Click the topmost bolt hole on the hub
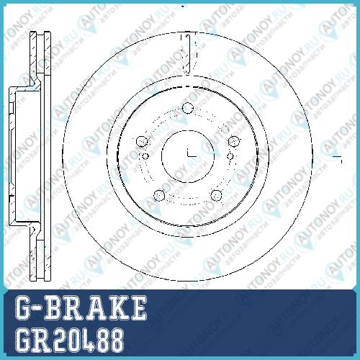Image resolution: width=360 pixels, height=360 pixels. pyautogui.click(x=188, y=108)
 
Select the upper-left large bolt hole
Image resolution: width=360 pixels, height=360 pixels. pyautogui.click(x=142, y=141)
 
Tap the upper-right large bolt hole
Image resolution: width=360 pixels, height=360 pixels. pyautogui.click(x=234, y=141)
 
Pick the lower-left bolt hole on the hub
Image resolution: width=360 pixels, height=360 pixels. pyautogui.click(x=159, y=195)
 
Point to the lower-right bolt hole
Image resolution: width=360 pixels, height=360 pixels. pyautogui.click(x=216, y=195)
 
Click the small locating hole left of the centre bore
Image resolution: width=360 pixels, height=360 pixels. pyautogui.click(x=145, y=156)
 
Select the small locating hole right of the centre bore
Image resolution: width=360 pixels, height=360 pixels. pyautogui.click(x=230, y=156)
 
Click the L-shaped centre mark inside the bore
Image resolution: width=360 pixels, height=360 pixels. pyautogui.click(x=192, y=153)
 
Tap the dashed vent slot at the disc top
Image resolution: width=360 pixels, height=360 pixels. pyautogui.click(x=187, y=54)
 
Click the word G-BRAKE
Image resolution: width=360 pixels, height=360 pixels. pyautogui.click(x=81, y=308)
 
